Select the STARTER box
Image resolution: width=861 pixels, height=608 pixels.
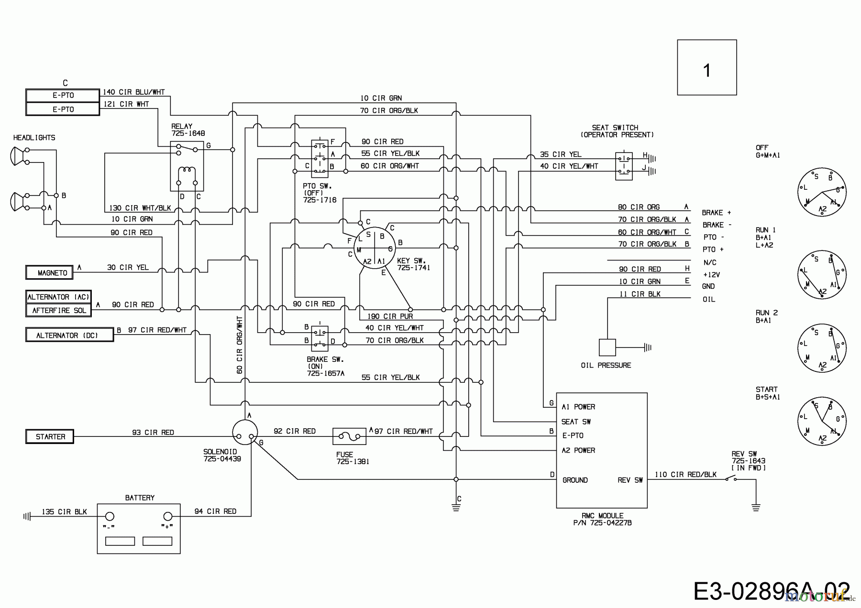[x=49, y=436]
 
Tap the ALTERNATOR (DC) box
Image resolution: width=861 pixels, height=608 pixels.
[x=69, y=335]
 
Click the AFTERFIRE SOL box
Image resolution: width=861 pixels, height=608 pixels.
[x=58, y=310]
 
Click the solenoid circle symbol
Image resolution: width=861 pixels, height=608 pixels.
[x=244, y=433]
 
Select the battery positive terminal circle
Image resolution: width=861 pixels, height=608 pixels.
[x=168, y=516]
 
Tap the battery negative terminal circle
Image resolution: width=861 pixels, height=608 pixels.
[x=110, y=516]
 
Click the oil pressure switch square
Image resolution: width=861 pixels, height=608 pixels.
[x=607, y=347]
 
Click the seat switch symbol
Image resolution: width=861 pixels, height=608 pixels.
[x=624, y=166]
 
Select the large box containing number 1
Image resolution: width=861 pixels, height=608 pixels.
[x=706, y=67]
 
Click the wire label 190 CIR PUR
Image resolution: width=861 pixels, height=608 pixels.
[x=390, y=316]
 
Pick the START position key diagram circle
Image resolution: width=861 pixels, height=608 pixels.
[x=822, y=421]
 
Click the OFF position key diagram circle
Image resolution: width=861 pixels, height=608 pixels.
[x=822, y=193]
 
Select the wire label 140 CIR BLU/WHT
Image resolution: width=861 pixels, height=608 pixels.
[x=134, y=92]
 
